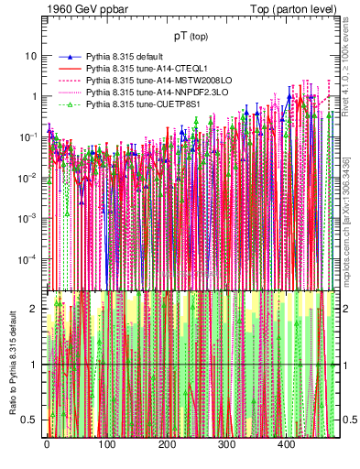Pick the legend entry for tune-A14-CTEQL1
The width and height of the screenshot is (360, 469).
coord(139,69)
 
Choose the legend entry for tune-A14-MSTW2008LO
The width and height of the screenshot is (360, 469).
coord(147,82)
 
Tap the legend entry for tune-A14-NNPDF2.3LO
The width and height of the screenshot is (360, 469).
coord(146,93)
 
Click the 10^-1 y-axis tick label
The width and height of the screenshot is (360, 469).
coord(28,136)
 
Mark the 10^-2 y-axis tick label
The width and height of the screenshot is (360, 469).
coord(28,177)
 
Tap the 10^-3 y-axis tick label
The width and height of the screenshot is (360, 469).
coord(28,217)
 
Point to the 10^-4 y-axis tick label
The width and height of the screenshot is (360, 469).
coord(28,257)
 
